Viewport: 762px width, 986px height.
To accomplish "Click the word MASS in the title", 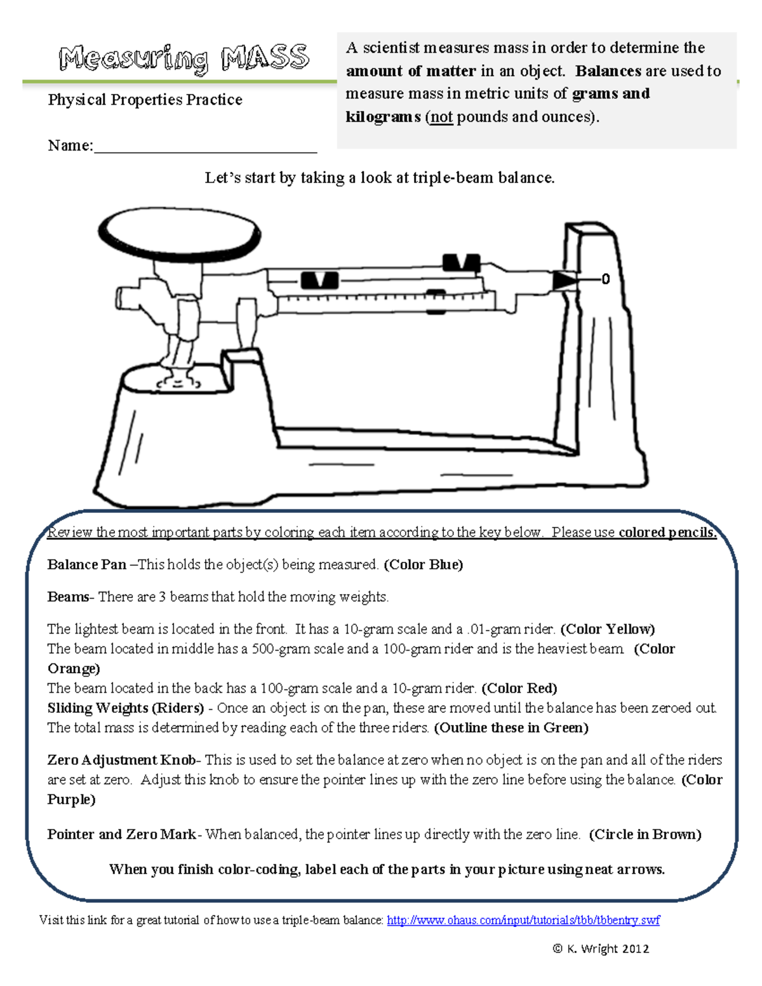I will [x=265, y=58].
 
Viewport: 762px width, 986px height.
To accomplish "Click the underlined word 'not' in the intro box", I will [x=441, y=117].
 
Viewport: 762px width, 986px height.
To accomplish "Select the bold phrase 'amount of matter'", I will [x=411, y=71].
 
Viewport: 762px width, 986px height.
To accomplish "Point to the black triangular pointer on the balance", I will [x=564, y=280].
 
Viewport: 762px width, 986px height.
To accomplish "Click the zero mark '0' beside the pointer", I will [x=605, y=279].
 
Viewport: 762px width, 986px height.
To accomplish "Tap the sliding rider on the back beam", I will [x=461, y=262].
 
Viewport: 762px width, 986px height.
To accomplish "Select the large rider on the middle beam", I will [x=319, y=280].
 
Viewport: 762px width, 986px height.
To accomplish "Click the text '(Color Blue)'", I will [x=424, y=564].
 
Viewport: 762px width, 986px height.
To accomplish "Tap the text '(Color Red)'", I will [x=519, y=688].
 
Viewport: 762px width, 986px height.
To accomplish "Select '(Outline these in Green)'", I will [x=511, y=728].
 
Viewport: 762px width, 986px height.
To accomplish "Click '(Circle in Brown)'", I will [x=645, y=834].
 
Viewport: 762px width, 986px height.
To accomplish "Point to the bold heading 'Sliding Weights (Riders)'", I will [x=126, y=708].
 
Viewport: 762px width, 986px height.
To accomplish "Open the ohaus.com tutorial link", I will [x=523, y=920].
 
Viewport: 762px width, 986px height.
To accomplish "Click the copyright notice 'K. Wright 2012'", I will [x=601, y=949].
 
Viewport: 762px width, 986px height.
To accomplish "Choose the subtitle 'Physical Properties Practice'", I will [x=145, y=100].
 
